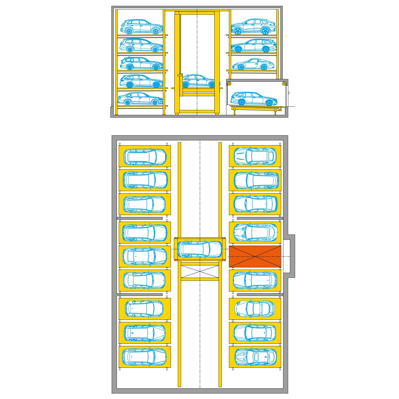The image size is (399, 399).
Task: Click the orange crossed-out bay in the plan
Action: [x=255, y=256]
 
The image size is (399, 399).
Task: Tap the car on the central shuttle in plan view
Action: [x=200, y=249]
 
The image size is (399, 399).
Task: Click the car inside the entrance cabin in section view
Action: [x=254, y=99]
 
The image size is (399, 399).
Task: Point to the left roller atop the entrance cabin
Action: [x=229, y=84]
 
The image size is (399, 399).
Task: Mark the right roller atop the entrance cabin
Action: [x=284, y=84]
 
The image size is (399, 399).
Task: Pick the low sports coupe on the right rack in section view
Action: [x=253, y=64]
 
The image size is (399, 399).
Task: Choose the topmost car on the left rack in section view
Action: [x=142, y=27]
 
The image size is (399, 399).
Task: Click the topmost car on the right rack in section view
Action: [x=253, y=27]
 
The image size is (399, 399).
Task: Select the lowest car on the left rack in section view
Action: [x=141, y=99]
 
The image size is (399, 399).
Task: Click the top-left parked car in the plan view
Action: [x=145, y=156]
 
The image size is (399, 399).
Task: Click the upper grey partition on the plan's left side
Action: [x=139, y=218]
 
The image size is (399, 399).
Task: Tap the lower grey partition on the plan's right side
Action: [x=260, y=295]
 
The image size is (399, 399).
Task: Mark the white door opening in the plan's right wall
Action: [x=286, y=256]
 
